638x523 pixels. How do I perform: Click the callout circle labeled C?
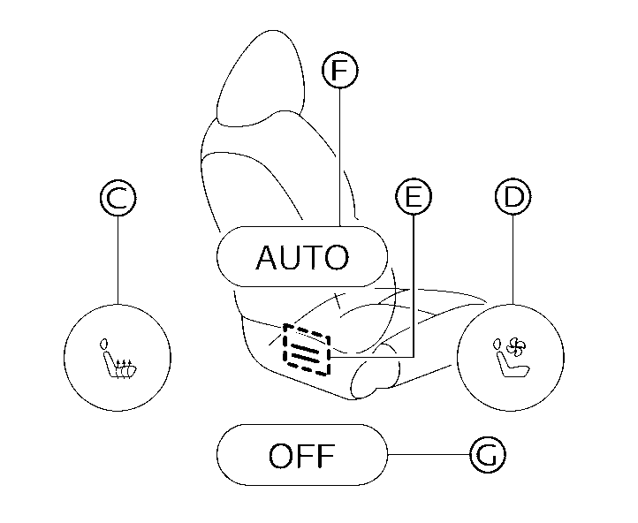117,198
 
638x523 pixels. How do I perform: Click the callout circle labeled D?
512,198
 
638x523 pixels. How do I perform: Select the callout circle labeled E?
413,198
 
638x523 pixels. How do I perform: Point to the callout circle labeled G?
487,456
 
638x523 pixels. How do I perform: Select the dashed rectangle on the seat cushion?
306,348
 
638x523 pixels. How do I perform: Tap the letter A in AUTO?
266,258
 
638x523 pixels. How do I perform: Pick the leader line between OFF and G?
429,456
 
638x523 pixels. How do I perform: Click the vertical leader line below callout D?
512,256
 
